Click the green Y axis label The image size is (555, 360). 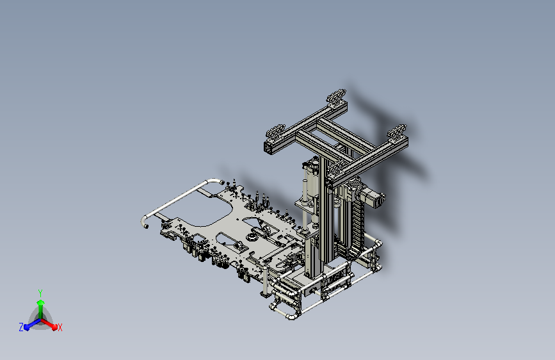point(40,293)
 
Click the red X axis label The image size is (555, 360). point(60,328)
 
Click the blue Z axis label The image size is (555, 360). point(21,327)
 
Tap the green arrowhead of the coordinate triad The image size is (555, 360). point(40,302)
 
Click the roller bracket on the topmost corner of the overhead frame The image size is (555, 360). point(336,96)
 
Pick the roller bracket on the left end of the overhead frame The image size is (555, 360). point(275,132)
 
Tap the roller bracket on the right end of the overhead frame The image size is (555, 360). point(397,131)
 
